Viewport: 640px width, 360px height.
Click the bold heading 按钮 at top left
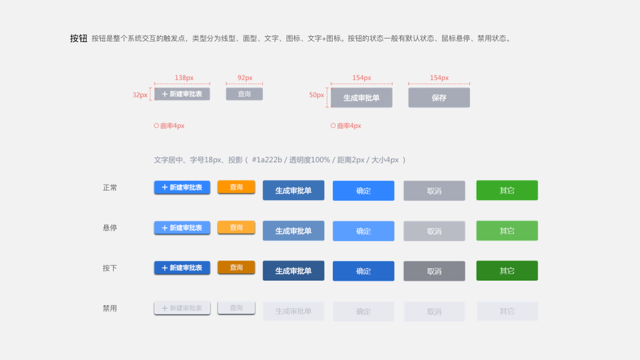(79, 38)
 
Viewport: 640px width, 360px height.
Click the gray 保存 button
(439, 98)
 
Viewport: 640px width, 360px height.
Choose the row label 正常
(110, 188)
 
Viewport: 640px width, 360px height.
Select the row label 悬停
(110, 228)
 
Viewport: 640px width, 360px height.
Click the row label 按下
(110, 268)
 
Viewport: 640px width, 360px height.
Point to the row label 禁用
(110, 308)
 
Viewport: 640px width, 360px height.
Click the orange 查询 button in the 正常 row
(236, 187)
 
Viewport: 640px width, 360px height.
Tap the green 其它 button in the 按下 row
(507, 271)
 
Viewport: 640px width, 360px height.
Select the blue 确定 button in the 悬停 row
(363, 231)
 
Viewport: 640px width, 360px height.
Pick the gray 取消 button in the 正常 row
(434, 191)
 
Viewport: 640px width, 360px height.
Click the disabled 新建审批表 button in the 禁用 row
(182, 308)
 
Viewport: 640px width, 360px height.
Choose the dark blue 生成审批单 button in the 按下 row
(293, 271)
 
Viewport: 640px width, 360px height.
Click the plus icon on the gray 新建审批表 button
(164, 94)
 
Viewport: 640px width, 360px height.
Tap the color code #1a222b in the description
(267, 160)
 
